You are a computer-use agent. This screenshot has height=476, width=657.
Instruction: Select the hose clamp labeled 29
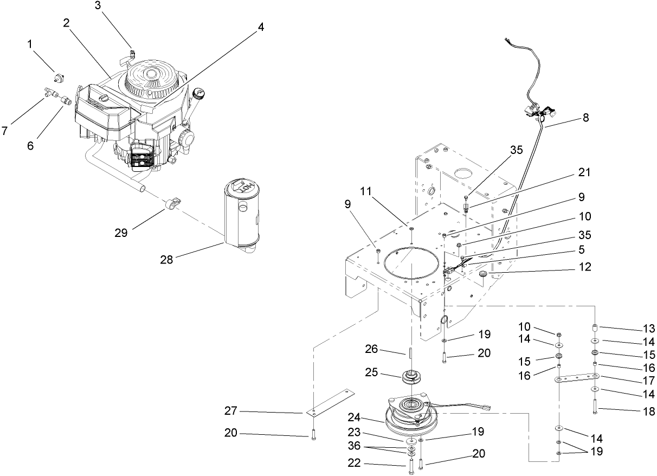171,205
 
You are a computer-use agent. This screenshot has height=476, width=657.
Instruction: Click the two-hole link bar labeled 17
576,378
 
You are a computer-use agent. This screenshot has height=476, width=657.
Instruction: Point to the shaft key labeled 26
410,352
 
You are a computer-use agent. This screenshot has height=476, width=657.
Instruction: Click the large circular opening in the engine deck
410,264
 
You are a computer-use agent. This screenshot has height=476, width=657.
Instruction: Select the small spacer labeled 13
595,328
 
